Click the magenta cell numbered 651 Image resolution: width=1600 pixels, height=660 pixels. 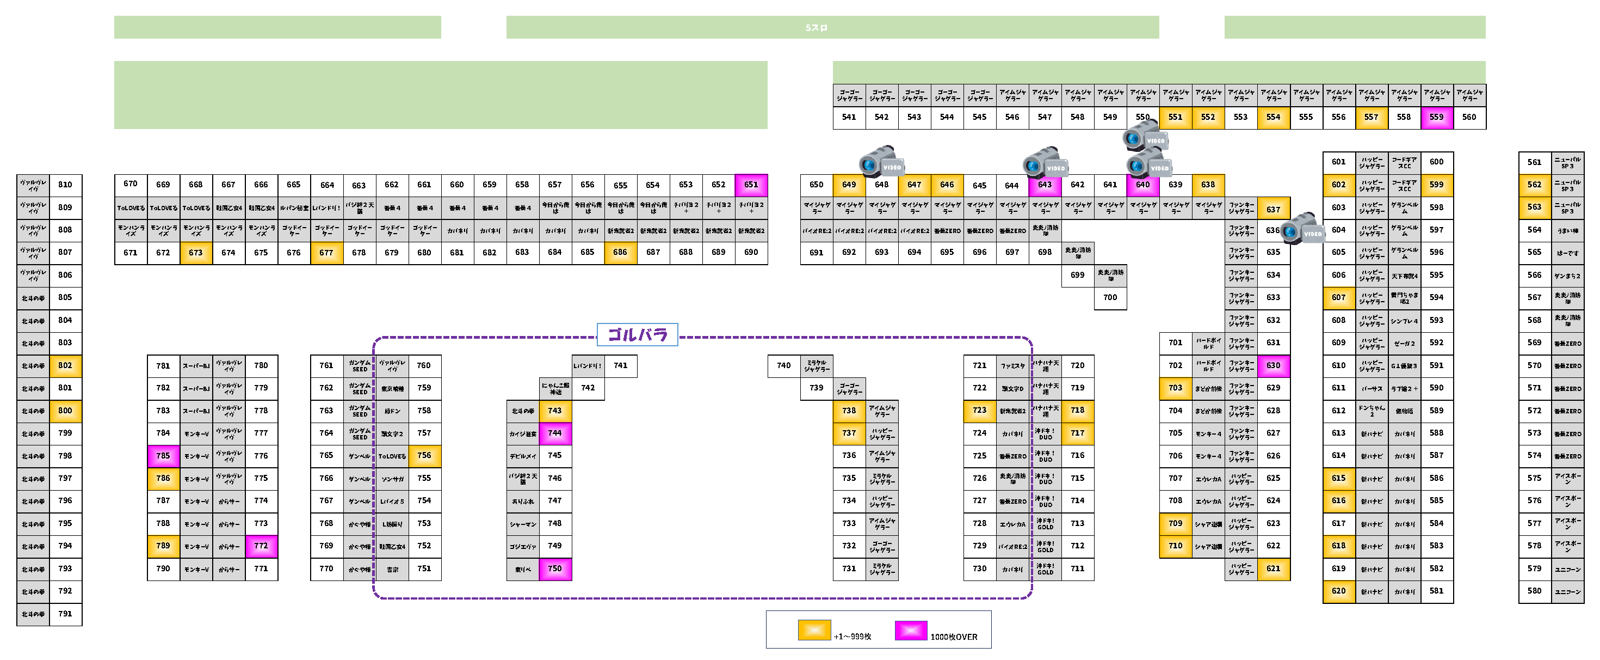[x=751, y=185]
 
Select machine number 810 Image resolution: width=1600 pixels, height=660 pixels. [x=65, y=185]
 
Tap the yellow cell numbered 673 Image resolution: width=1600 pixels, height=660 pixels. [x=196, y=252]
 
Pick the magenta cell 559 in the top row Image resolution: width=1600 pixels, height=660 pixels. [x=1437, y=117]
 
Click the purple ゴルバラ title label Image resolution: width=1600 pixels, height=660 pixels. [x=637, y=335]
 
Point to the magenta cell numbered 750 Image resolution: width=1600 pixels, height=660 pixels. [x=555, y=569]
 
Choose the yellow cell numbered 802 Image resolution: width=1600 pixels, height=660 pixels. [x=65, y=365]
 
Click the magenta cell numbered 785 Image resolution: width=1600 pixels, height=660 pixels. [x=163, y=456]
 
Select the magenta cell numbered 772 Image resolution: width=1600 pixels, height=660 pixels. [x=261, y=546]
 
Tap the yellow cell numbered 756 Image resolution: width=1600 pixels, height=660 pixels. [x=424, y=456]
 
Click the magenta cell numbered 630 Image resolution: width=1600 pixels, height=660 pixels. [x=1273, y=365]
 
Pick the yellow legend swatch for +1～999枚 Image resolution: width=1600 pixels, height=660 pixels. [x=814, y=630]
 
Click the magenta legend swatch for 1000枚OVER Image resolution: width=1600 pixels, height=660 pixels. [x=911, y=630]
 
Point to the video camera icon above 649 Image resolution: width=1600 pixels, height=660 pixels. [x=881, y=162]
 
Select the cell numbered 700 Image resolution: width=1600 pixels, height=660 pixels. [x=1110, y=298]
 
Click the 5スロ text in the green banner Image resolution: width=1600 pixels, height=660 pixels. [x=816, y=28]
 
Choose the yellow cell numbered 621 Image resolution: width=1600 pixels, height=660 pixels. [x=1273, y=569]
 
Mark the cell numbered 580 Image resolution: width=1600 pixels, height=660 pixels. [x=1534, y=591]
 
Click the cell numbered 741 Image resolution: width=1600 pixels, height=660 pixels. [x=621, y=365]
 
